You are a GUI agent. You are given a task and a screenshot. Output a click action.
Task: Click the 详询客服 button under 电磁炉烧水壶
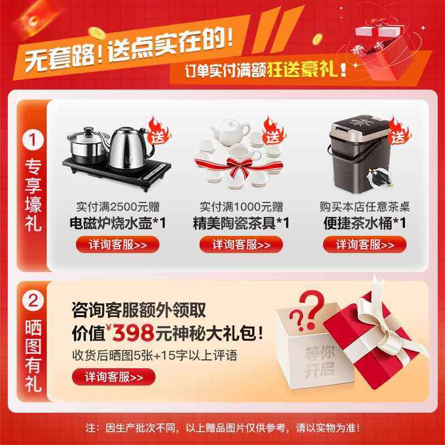(117, 244)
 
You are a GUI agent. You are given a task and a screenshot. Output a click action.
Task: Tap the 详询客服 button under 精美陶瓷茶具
(241, 244)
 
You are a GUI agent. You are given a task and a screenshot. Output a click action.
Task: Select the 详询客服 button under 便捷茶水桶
(365, 244)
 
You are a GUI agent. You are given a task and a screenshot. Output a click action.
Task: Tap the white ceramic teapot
(229, 132)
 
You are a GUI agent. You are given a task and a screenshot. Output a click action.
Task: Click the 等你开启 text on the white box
(317, 362)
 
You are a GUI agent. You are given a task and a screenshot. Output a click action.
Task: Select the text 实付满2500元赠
(117, 207)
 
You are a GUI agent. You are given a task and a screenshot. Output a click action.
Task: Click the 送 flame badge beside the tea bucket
(399, 132)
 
